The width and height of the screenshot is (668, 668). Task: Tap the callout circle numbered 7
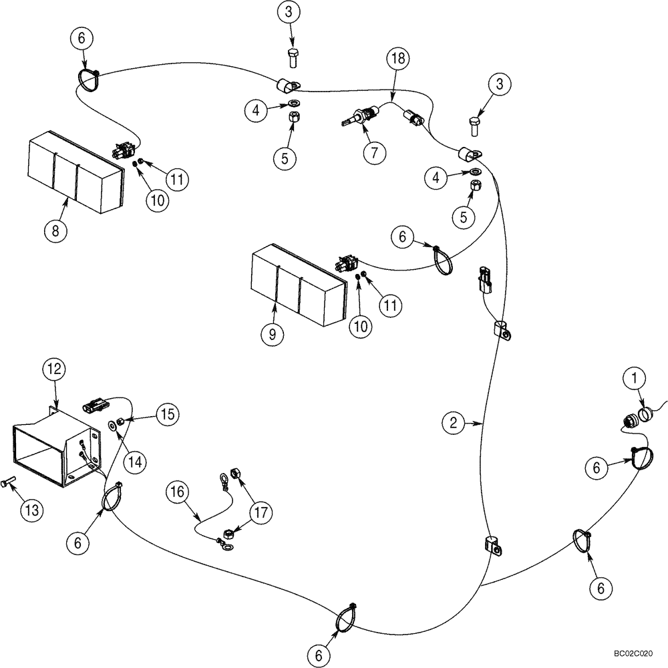[x=375, y=152]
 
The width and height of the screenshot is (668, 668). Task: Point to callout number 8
[x=55, y=231]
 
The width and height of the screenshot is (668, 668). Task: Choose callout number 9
[x=272, y=334]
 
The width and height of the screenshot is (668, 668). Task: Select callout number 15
[x=168, y=414]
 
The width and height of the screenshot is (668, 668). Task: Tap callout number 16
[x=176, y=494]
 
